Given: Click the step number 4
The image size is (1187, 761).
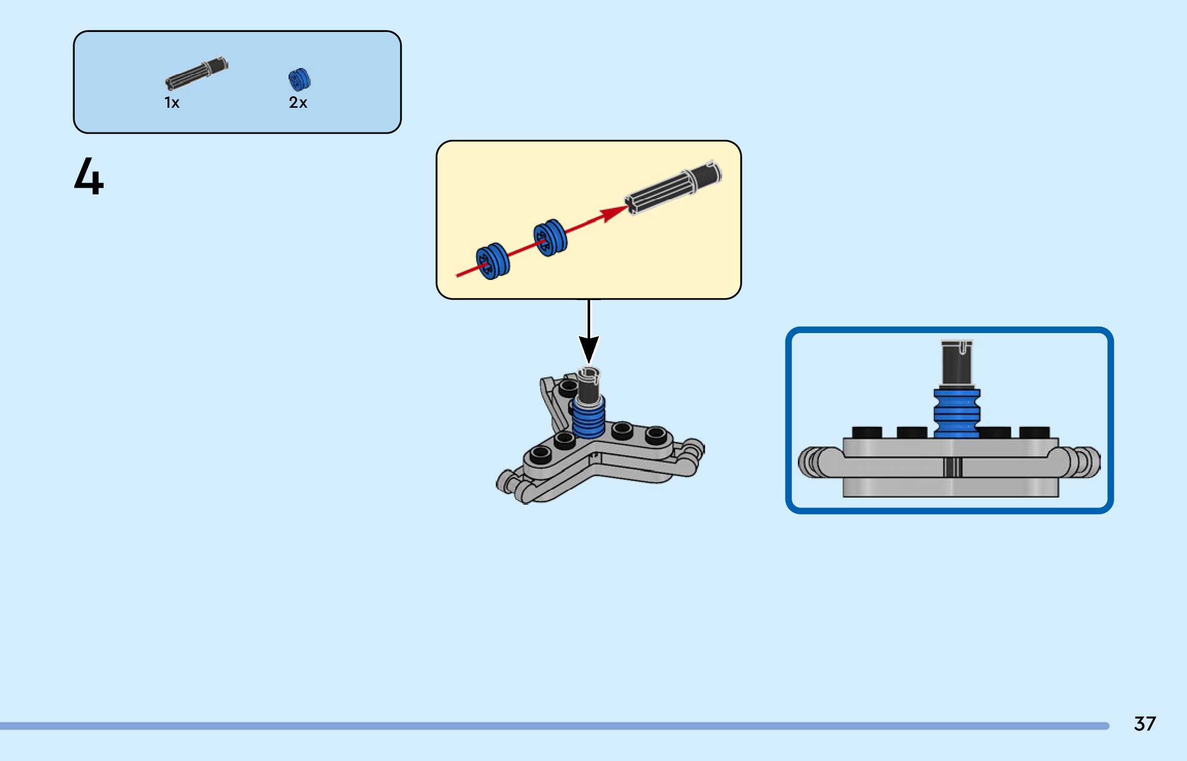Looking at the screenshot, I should [x=89, y=176].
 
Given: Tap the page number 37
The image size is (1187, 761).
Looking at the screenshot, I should [x=1145, y=723].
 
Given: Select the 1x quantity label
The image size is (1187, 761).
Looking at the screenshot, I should [x=172, y=103].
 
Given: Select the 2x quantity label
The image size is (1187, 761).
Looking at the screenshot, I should [x=298, y=103].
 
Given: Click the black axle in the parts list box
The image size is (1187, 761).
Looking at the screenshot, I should [x=196, y=74].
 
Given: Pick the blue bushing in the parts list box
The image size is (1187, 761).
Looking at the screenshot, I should [x=299, y=79].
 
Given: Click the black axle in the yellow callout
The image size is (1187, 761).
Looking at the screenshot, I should [x=673, y=188].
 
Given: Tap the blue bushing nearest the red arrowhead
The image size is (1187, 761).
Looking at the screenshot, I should [x=550, y=238].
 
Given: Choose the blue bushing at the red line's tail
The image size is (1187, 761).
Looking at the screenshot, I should [x=493, y=261].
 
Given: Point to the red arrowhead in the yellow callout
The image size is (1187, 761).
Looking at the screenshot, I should [x=615, y=212].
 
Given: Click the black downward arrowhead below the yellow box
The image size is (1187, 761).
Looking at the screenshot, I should [x=589, y=349].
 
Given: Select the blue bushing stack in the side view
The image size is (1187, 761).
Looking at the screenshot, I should [x=957, y=414].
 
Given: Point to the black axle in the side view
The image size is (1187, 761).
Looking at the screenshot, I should [x=957, y=363].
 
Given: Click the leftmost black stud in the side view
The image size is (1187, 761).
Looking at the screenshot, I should [x=867, y=432].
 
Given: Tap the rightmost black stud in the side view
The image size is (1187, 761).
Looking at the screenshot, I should [x=1034, y=432].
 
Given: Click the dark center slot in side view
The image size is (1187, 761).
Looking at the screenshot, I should [x=953, y=467].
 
